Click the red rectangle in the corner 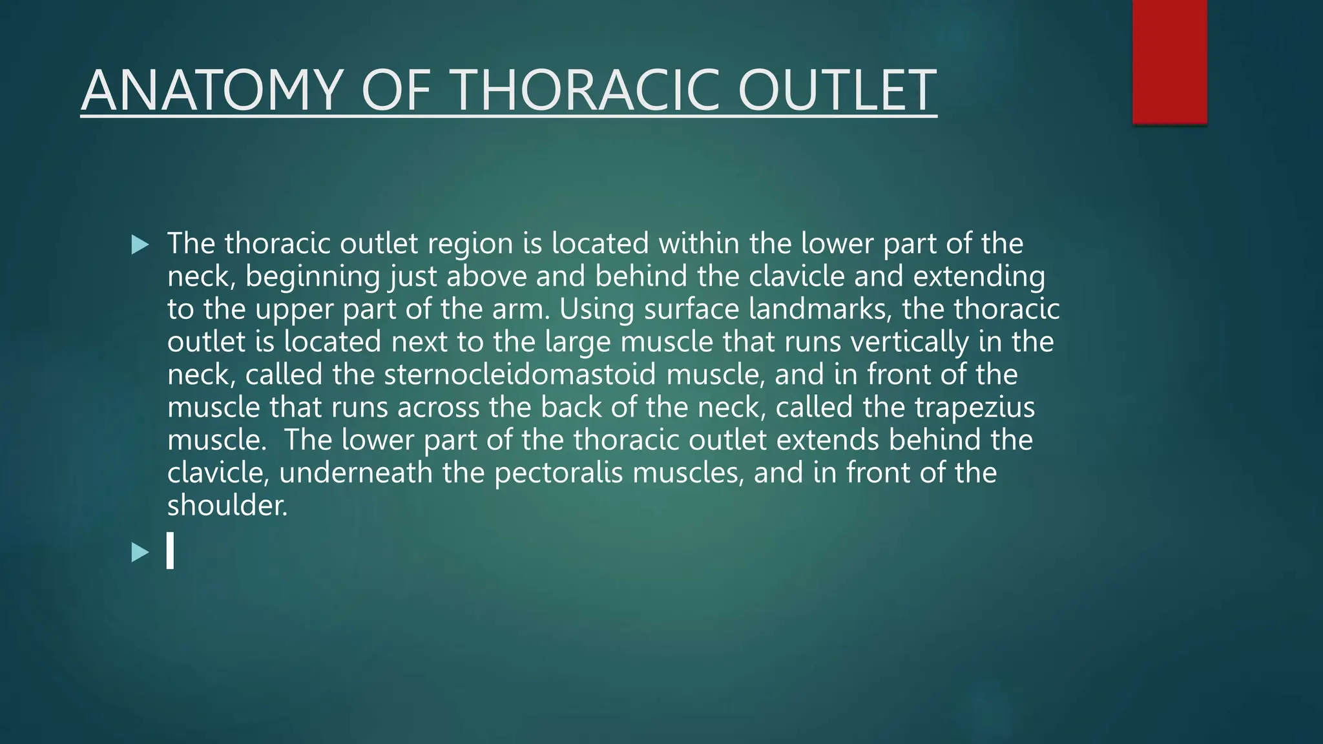(1169, 61)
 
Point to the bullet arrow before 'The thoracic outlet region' (140, 245)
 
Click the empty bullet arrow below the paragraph (140, 552)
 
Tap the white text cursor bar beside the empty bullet (170, 550)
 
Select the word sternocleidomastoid (520, 375)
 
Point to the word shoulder (227, 505)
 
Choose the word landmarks (820, 309)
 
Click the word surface (691, 309)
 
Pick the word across (438, 408)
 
